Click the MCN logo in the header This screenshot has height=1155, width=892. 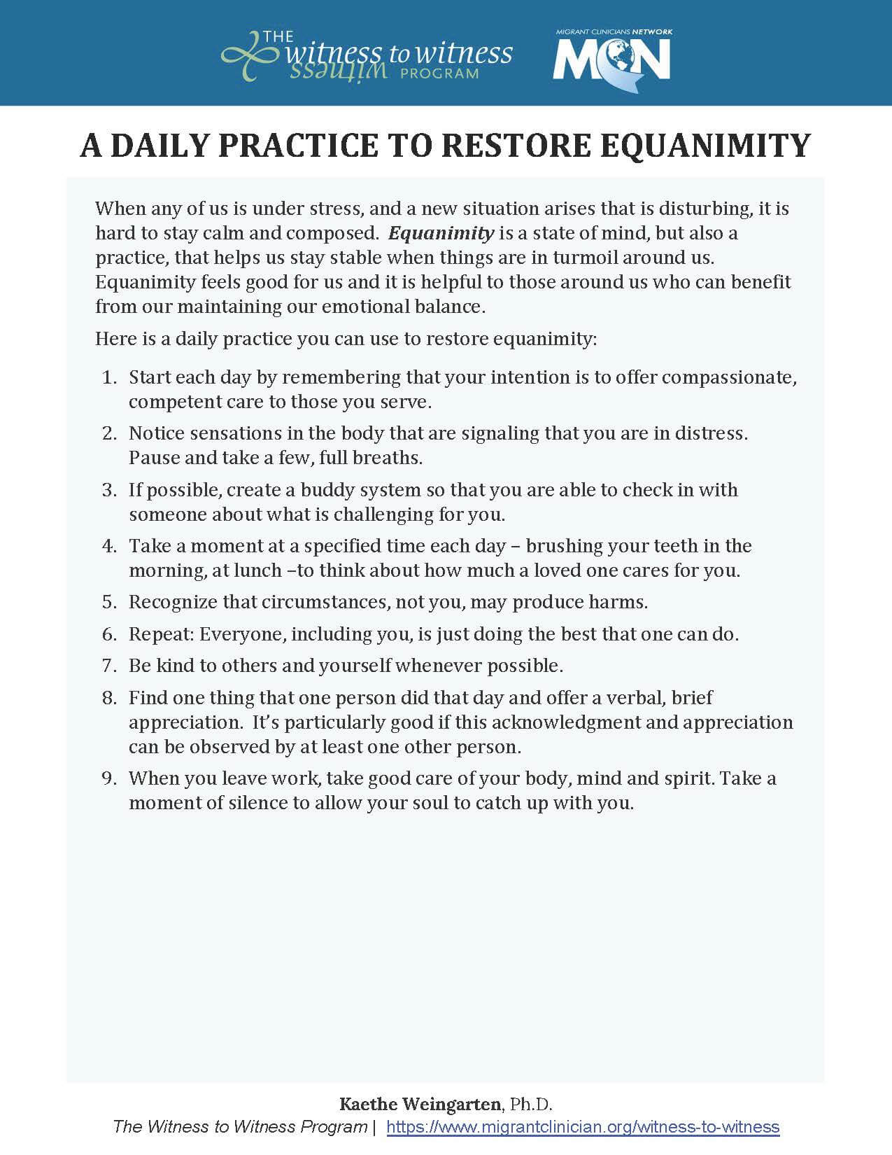(x=611, y=60)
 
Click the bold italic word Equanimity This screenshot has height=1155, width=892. (x=441, y=232)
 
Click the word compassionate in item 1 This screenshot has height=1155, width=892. (x=729, y=377)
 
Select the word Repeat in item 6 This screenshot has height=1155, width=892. (x=161, y=634)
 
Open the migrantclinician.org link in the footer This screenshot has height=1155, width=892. (x=583, y=1127)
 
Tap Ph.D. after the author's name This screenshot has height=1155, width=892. (x=531, y=1105)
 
